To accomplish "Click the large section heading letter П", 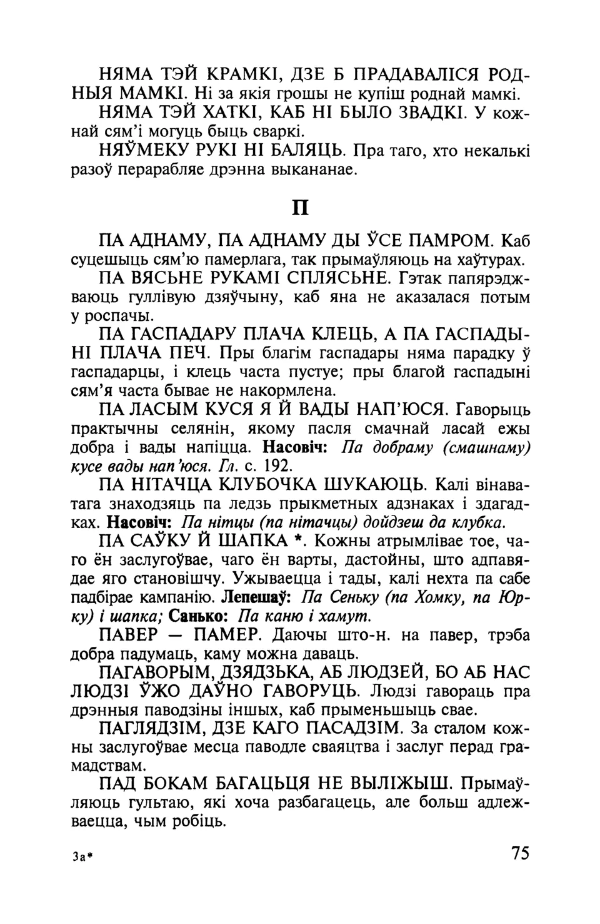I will (x=301, y=207).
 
